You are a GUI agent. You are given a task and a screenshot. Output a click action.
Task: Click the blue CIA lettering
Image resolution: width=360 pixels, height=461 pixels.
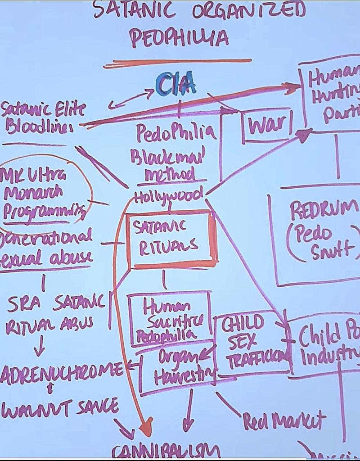coord(176,84)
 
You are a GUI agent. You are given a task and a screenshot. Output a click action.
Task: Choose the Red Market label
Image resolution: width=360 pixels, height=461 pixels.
coord(284,420)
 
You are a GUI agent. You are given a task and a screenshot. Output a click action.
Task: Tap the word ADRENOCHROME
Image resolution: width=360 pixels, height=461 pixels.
coord(61,371)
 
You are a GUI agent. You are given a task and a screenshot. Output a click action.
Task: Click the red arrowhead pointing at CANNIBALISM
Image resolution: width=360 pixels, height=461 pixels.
coord(145,430)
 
